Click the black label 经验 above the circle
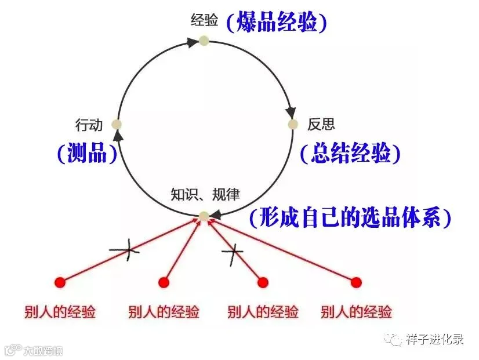(x=204, y=20)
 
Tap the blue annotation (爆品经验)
(x=277, y=21)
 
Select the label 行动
(x=89, y=125)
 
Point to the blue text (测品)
(x=88, y=152)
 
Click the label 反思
(x=321, y=124)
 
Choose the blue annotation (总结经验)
(x=350, y=152)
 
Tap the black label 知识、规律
(x=205, y=194)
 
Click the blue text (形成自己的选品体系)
(x=350, y=217)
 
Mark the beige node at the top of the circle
(x=204, y=41)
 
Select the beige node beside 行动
(x=117, y=124)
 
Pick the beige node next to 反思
(x=293, y=124)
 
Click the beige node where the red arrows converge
(x=204, y=216)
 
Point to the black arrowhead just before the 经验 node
(x=192, y=42)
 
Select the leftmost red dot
(x=60, y=282)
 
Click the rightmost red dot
(x=356, y=282)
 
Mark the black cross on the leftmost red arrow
(x=125, y=250)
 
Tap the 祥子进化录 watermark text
(x=436, y=339)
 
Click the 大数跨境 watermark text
(x=43, y=351)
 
